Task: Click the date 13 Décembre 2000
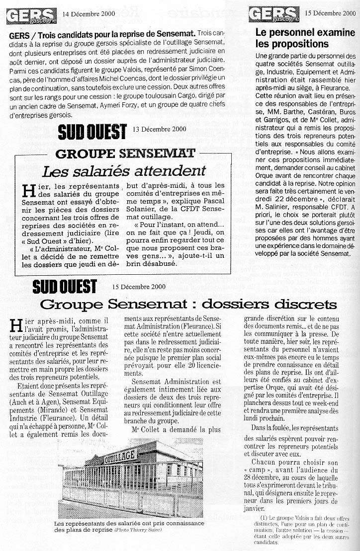pyautogui.click(x=160, y=129)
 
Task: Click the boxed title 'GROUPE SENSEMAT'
pyautogui.click(x=125, y=153)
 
